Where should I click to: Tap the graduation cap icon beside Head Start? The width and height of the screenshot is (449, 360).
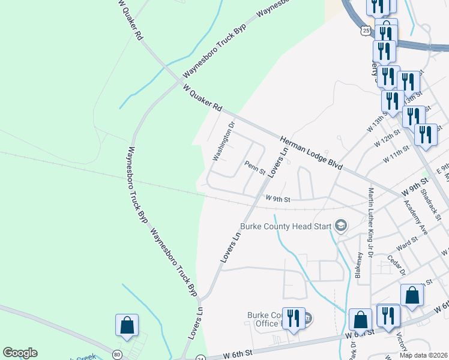[341, 226]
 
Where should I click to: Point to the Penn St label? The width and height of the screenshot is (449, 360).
[255, 167]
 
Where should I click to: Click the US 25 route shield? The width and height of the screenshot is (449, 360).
[366, 29]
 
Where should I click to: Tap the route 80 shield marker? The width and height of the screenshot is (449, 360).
[118, 353]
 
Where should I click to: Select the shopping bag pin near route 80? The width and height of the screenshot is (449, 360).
[127, 325]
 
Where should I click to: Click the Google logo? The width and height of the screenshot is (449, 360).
[20, 353]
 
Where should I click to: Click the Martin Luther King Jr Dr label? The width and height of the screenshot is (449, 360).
[371, 221]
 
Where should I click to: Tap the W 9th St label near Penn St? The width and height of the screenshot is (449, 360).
[278, 199]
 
